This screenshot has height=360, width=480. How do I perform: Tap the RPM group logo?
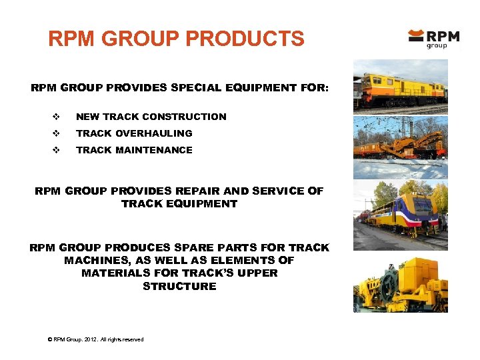pyautogui.click(x=433, y=38)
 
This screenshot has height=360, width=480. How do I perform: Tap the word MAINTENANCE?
pyautogui.click(x=154, y=150)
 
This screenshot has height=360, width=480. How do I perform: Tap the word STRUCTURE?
pyautogui.click(x=179, y=286)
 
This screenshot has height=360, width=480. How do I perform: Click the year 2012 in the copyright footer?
pyautogui.click(x=88, y=339)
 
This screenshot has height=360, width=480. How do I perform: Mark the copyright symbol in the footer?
pyautogui.click(x=50, y=339)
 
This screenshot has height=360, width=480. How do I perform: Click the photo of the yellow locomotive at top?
pyautogui.click(x=400, y=87)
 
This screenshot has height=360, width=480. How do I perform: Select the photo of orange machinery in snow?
pyautogui.click(x=400, y=147)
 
